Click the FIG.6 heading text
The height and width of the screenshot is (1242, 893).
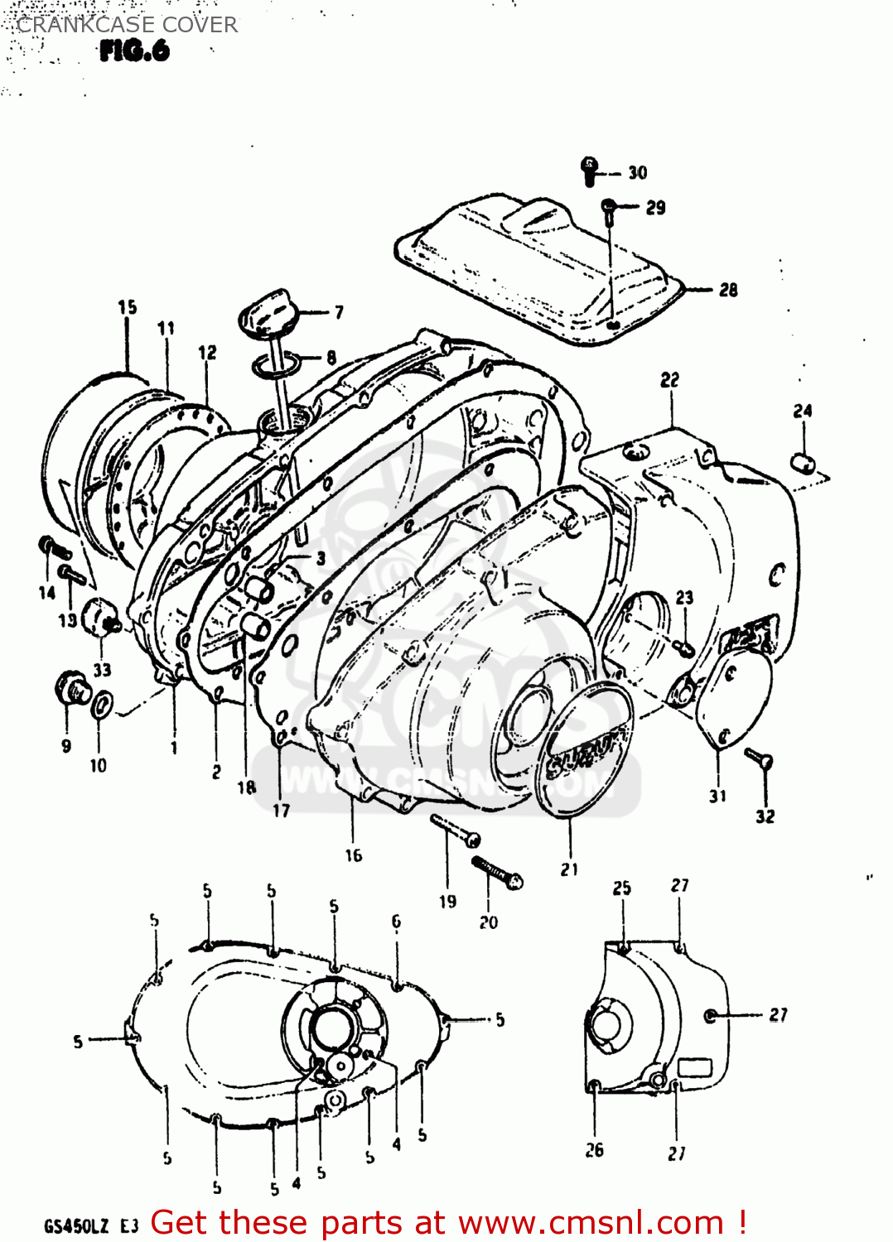134,51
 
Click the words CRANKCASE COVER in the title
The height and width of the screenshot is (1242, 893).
127,25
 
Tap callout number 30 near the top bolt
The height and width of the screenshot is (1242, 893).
637,172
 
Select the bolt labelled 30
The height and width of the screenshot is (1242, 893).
590,170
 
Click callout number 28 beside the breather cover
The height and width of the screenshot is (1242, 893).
728,290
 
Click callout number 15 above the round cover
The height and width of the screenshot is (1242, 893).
127,307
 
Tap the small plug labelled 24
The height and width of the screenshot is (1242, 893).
803,462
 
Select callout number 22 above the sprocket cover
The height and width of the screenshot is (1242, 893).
669,379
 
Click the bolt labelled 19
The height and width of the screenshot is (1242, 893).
456,830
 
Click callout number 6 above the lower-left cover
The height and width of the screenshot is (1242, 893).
396,921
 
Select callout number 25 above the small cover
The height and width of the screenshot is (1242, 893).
621,888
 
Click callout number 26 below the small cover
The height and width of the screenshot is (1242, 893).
594,1149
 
